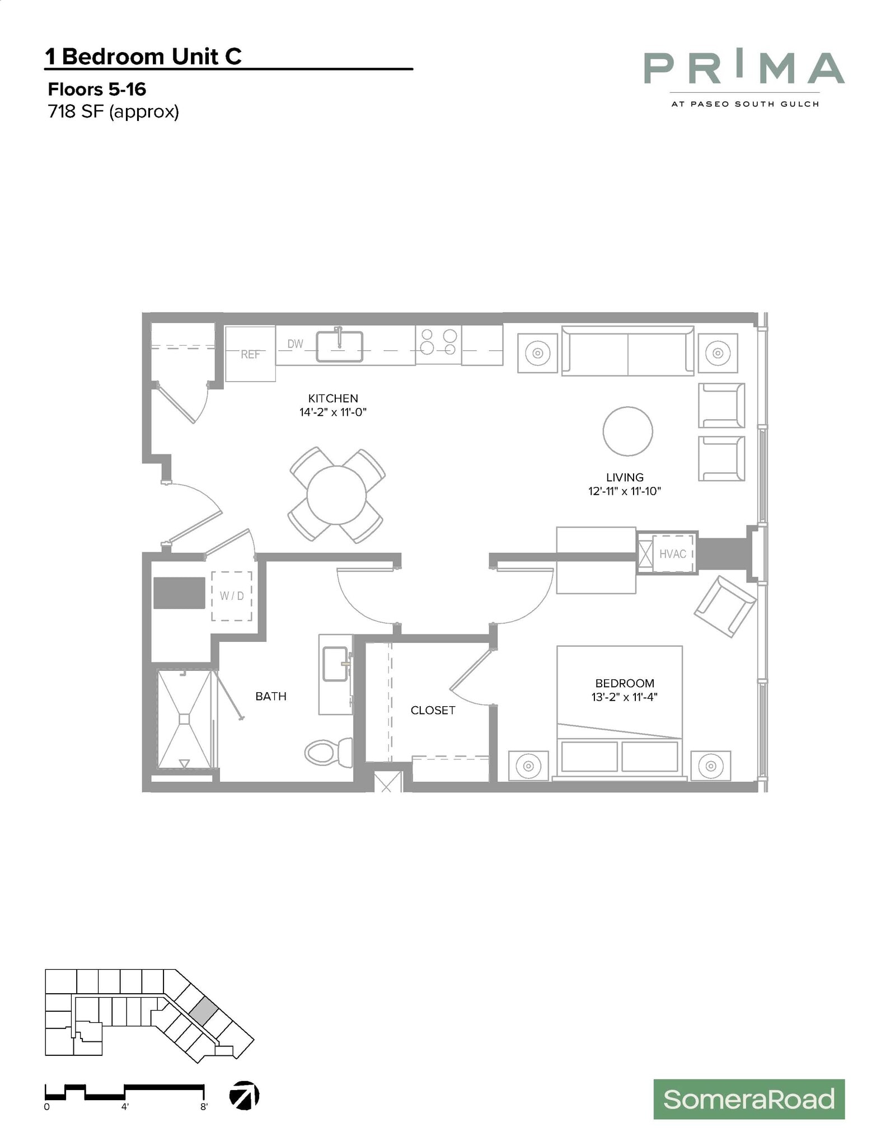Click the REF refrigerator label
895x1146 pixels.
(250, 354)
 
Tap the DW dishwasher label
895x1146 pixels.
(295, 344)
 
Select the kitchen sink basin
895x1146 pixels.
(339, 347)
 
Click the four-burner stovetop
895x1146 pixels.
(438, 342)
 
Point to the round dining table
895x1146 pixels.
(336, 495)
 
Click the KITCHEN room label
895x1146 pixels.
(333, 398)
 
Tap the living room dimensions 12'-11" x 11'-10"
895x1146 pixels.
(625, 491)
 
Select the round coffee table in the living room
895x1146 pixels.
(627, 431)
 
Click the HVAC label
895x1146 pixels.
(672, 554)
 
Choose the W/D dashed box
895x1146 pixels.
(231, 596)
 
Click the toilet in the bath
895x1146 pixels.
(328, 753)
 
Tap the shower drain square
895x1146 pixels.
(184, 719)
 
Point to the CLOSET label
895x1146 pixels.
(433, 710)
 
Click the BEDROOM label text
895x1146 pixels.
(625, 683)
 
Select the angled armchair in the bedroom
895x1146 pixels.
(725, 607)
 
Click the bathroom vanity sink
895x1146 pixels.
(335, 664)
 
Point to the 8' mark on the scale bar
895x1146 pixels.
(204, 1106)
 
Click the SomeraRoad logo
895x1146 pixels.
(748, 1099)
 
